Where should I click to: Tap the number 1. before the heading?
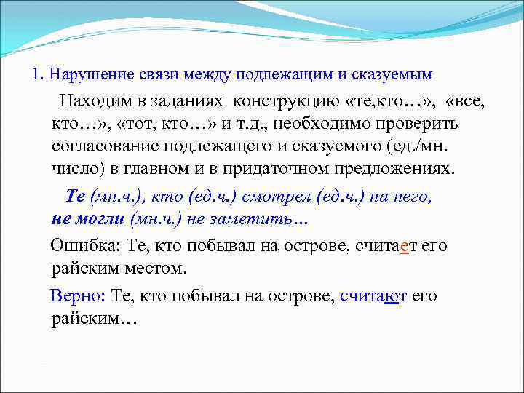point(38,75)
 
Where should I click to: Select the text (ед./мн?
point(413,148)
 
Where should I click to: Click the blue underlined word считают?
point(373,296)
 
